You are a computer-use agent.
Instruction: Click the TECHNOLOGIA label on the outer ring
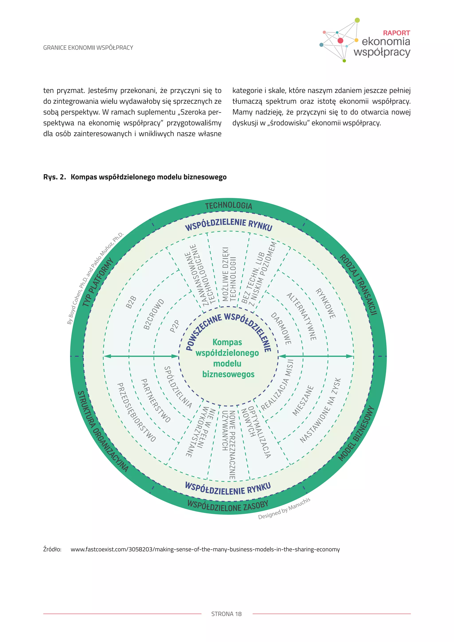coord(228,206)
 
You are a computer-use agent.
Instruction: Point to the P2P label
coord(175,326)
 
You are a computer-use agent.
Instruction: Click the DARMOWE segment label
coord(281,328)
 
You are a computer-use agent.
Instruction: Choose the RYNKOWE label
coord(326,303)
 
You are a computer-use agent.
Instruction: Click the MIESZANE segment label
coord(303,400)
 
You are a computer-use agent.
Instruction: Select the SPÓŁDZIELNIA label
coord(178,387)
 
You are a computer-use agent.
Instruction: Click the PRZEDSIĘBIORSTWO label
coord(136,412)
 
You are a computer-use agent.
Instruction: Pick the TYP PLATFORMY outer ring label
coord(98,282)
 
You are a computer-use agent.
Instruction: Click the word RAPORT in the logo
coord(396,33)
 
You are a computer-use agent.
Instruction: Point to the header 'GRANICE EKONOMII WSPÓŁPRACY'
coord(88,48)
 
